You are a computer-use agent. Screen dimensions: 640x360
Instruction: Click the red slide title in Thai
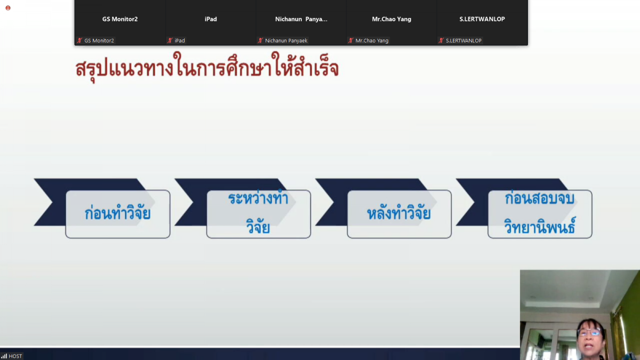[x=207, y=67]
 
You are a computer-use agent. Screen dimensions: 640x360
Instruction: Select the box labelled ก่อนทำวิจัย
[x=118, y=214]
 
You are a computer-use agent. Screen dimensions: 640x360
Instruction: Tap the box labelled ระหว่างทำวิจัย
[x=259, y=214]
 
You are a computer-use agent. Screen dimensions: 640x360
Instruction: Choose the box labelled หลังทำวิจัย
[x=399, y=214]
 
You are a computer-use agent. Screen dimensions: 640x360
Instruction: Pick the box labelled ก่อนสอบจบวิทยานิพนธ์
[x=540, y=214]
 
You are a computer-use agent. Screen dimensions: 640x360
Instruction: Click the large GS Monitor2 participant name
[x=120, y=19]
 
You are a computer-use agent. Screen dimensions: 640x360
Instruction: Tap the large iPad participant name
[x=211, y=19]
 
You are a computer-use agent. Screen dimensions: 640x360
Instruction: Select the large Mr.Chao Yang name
[x=391, y=19]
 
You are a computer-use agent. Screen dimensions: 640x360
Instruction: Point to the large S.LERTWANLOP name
[x=482, y=19]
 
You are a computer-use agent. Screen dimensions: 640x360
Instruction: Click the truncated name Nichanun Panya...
[x=301, y=19]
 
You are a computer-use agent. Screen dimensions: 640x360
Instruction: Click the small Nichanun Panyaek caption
[x=286, y=41]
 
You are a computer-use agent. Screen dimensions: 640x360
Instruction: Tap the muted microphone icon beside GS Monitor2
[x=79, y=41]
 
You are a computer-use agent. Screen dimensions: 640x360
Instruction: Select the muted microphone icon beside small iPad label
[x=170, y=41]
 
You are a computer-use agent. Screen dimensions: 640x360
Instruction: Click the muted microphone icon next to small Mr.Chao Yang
[x=351, y=41]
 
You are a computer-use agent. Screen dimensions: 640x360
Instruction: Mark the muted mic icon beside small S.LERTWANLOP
[x=442, y=41]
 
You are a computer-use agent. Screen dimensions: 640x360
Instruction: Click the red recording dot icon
[x=8, y=8]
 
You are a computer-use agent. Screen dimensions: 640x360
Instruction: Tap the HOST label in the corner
[x=15, y=356]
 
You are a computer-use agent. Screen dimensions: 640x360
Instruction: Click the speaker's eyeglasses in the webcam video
[x=589, y=332]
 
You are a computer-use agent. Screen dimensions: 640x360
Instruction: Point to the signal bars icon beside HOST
[x=4, y=356]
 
